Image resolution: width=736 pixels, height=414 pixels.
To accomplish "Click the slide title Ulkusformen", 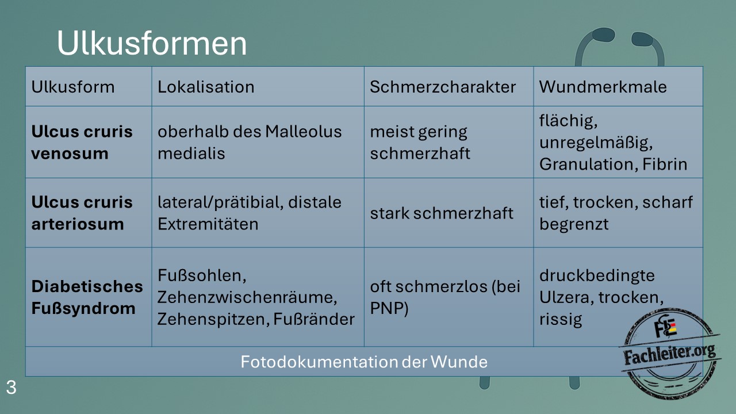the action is [152, 43].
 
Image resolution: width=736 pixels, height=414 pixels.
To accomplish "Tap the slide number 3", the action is [11, 388].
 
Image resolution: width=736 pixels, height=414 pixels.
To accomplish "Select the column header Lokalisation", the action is [206, 87].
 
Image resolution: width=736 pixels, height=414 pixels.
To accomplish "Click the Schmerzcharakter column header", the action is [443, 87].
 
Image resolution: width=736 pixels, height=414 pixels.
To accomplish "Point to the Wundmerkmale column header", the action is [603, 87].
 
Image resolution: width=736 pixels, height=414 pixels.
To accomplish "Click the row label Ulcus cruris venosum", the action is [82, 142].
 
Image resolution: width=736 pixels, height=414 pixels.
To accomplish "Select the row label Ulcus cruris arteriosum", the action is [82, 213].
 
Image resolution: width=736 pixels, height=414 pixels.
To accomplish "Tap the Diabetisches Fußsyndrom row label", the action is [87, 297].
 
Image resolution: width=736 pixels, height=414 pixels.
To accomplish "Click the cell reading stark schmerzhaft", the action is [442, 213].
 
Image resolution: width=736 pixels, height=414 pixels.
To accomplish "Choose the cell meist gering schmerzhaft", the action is [420, 142].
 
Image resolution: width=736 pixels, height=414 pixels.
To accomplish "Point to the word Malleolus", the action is [303, 132].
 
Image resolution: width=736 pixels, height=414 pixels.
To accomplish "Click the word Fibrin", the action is [665, 164].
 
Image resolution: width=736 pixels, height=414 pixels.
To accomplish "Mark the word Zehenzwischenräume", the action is [247, 297].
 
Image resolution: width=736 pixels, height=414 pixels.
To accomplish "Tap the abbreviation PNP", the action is [389, 308].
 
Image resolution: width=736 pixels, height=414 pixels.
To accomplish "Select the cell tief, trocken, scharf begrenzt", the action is [616, 213].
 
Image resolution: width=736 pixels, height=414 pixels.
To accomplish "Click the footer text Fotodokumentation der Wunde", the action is [364, 362].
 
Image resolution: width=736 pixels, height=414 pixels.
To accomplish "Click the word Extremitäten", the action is [208, 224].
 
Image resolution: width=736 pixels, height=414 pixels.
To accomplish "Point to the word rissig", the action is [561, 319].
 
